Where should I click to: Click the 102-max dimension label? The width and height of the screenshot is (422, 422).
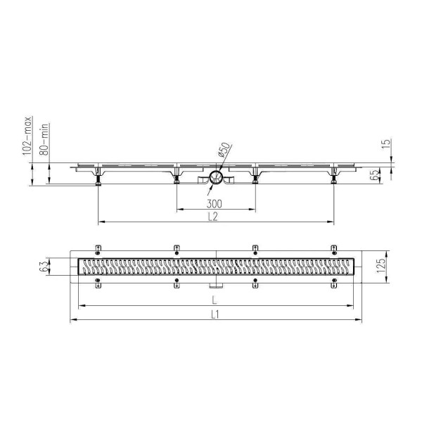(x=27, y=136)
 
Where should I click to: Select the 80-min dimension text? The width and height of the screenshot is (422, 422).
(x=44, y=139)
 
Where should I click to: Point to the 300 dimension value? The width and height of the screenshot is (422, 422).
(x=215, y=204)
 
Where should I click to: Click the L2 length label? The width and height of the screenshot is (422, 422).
(x=213, y=217)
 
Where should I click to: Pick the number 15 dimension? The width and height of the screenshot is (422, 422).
(x=386, y=144)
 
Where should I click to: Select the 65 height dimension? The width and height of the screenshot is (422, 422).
(x=374, y=175)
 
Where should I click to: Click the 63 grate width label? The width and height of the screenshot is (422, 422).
(x=45, y=267)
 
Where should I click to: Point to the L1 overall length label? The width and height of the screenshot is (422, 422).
(x=215, y=314)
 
